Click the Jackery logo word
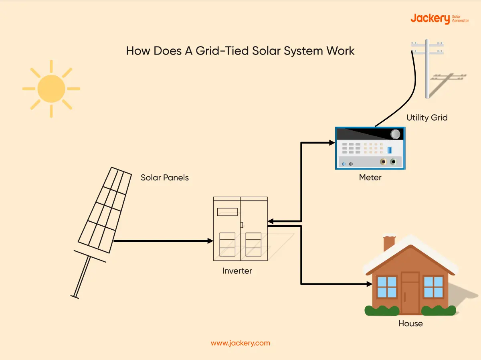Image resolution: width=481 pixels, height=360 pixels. click(430, 19)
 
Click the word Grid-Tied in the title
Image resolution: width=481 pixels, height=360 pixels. click(222, 51)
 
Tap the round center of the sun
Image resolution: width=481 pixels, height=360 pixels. click(51, 89)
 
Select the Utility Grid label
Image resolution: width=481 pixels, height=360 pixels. click(427, 118)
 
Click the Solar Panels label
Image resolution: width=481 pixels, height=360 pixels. click(165, 178)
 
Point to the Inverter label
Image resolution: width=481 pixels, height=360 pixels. click(237, 271)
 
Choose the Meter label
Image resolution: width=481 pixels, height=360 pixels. click(370, 177)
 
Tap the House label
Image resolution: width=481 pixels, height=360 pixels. click(410, 324)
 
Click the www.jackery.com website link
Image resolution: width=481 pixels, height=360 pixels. click(240, 343)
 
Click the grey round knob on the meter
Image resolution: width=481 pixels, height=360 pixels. click(395, 134)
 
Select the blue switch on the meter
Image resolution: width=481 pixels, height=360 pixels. click(389, 150)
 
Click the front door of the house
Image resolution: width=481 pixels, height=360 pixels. click(410, 293)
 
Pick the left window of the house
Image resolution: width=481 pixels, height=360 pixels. click(387, 287)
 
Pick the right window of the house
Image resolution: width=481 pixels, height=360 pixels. click(433, 287)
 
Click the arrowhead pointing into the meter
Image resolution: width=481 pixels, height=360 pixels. click(332, 143)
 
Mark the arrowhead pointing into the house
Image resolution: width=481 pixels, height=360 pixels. click(370, 284)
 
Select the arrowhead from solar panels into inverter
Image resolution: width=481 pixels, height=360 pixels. click(210, 241)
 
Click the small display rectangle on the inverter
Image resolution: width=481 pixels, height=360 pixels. click(227, 212)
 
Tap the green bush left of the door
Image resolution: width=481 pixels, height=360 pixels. click(382, 310)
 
